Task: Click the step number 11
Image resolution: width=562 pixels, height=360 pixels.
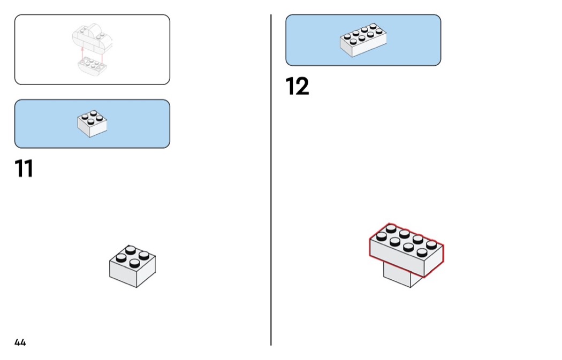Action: [24, 168]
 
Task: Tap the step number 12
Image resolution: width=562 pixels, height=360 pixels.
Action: [297, 86]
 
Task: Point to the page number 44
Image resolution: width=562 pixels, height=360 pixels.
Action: [20, 342]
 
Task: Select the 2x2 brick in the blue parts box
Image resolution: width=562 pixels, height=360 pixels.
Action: [92, 123]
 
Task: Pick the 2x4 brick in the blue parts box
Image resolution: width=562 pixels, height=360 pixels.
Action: [363, 40]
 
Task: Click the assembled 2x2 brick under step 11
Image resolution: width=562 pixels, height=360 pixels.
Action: [132, 266]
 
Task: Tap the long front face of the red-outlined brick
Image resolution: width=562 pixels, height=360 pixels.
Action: [397, 257]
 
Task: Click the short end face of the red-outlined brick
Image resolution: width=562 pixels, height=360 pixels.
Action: [434, 261]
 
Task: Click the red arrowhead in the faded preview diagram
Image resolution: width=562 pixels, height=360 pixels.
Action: [82, 48]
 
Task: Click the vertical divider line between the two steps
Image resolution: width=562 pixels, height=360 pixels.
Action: [271, 180]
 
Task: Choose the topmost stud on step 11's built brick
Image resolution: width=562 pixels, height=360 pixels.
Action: [131, 250]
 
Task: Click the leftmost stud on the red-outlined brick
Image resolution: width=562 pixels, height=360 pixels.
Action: [381, 236]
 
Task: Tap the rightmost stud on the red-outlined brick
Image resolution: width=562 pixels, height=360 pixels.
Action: [431, 245]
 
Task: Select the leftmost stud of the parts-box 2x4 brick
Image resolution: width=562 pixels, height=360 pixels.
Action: [347, 36]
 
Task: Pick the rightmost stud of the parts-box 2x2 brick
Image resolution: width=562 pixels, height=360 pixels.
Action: [100, 118]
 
